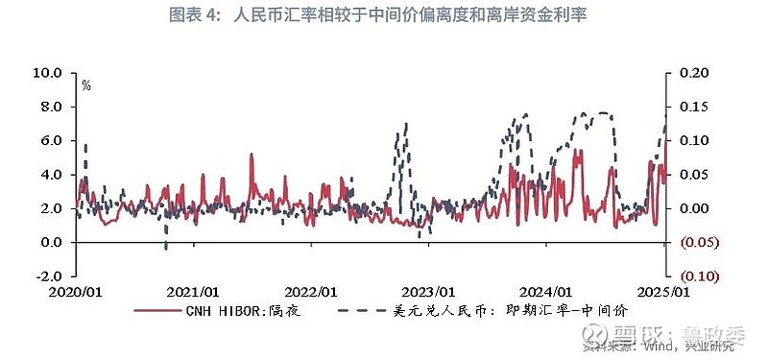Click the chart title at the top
click(x=384, y=16)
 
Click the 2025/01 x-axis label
click(x=665, y=292)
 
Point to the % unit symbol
click(x=86, y=86)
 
